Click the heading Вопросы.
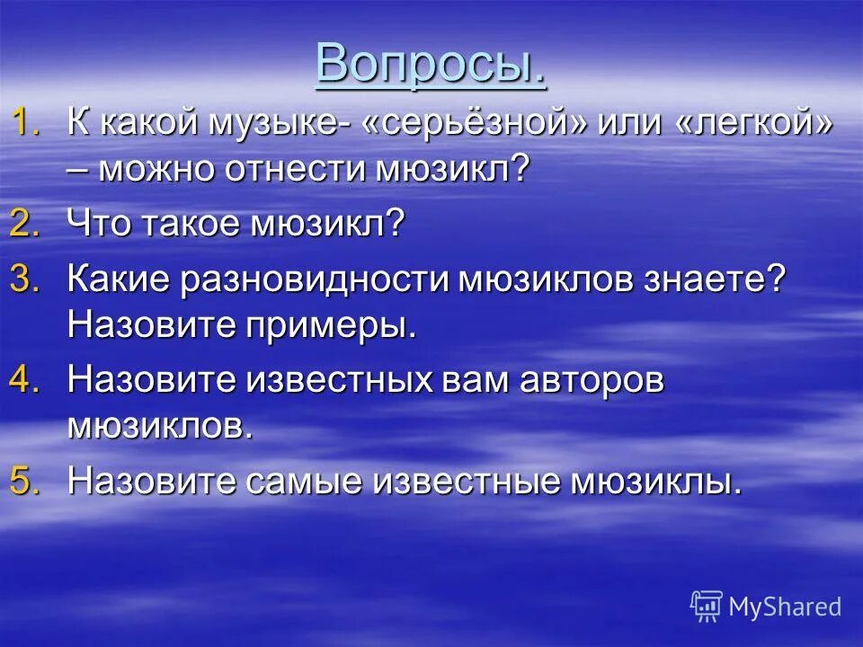pyautogui.click(x=431, y=63)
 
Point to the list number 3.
pyautogui.click(x=25, y=279)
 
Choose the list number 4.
pyautogui.click(x=25, y=379)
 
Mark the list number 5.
pyautogui.click(x=25, y=481)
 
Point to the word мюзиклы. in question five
pyautogui.click(x=655, y=482)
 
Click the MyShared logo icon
pyautogui.click(x=707, y=607)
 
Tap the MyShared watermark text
pyautogui.click(x=785, y=607)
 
